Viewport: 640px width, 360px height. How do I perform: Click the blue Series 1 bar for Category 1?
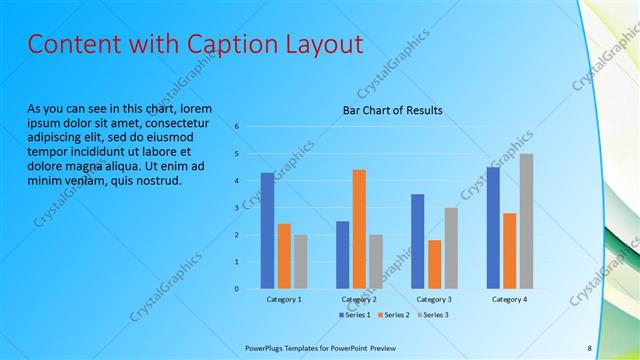267,231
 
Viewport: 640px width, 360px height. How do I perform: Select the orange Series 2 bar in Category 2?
359,229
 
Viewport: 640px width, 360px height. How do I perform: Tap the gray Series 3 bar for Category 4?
526,221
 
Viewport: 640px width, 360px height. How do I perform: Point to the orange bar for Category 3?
434,264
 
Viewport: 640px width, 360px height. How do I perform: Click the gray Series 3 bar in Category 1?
301,262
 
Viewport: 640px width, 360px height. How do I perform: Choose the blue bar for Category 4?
492,228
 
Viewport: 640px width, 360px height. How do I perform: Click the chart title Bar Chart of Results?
392,110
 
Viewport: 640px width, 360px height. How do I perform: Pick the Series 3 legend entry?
433,315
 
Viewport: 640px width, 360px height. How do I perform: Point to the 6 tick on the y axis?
237,127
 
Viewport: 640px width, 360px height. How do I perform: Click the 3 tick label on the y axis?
237,208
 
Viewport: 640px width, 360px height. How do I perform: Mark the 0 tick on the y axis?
237,289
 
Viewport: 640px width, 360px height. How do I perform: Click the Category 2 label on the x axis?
359,299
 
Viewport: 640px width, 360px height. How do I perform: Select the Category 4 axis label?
509,299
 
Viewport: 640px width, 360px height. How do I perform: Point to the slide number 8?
589,348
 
